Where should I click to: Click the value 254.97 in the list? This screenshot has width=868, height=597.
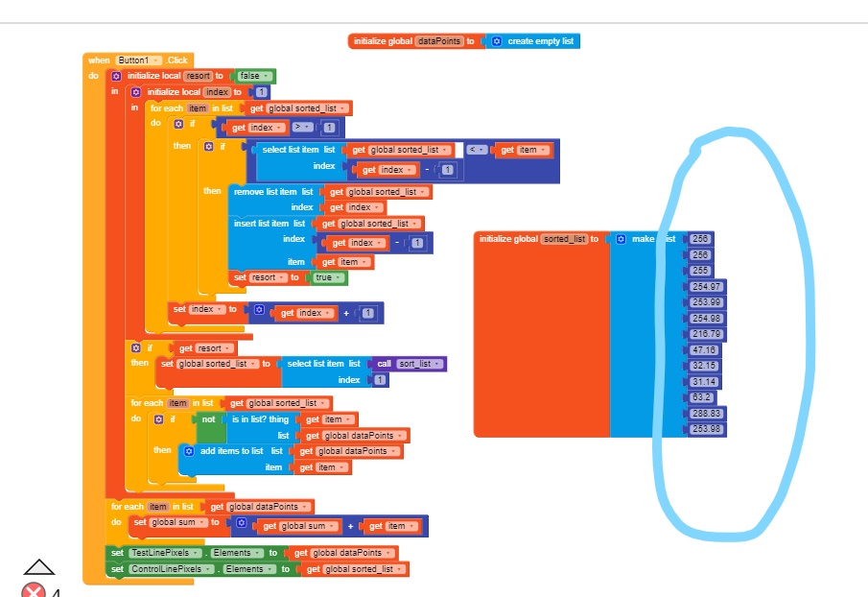point(707,286)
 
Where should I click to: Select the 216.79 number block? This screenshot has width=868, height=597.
point(707,334)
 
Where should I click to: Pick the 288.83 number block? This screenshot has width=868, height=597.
point(707,413)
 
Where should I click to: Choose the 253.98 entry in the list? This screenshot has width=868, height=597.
point(707,428)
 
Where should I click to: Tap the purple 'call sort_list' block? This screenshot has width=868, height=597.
point(410,364)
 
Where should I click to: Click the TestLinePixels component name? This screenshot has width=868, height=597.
point(159,553)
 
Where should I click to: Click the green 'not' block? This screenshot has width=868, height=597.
point(209,419)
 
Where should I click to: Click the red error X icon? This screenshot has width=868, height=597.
point(34,589)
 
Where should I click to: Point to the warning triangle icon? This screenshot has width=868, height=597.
point(39,567)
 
